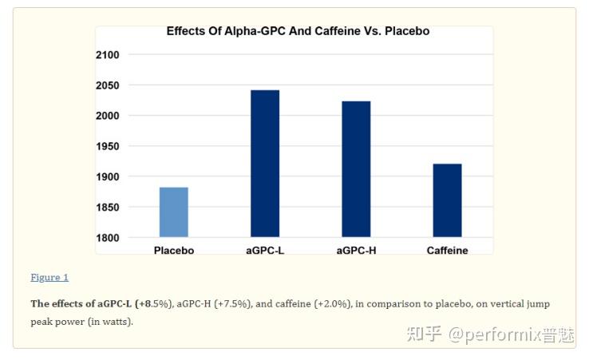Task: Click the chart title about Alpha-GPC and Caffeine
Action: point(298,31)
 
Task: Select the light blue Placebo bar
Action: point(174,212)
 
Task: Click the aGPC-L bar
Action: point(265,164)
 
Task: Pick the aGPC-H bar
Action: point(356,169)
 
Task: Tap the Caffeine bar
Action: point(447,200)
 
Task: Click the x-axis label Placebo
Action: point(174,251)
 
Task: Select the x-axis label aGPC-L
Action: point(265,251)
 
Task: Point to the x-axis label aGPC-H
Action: point(356,251)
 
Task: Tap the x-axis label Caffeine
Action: point(447,251)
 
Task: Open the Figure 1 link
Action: point(49,278)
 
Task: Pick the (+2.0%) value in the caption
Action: point(333,304)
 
